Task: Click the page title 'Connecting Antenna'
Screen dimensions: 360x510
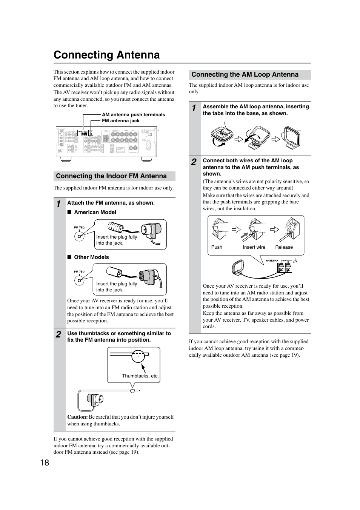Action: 106,55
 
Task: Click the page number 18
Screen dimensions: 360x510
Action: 44,463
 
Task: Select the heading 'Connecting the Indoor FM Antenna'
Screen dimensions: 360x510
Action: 111,176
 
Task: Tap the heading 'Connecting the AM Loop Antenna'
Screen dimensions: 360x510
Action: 245,74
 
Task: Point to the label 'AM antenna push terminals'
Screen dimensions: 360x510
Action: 133,115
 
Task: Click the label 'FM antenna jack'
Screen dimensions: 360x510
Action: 120,121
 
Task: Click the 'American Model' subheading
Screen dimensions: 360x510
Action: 95,212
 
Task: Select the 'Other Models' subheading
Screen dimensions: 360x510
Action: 91,257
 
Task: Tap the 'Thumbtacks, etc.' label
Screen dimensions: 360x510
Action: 140,376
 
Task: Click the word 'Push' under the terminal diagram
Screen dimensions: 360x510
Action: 217,247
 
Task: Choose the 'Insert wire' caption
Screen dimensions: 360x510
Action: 254,247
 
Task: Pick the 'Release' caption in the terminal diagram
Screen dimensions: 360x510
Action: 284,247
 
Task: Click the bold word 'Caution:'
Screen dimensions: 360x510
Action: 77,417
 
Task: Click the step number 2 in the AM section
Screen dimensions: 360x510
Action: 194,162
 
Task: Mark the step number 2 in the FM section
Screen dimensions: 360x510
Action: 58,334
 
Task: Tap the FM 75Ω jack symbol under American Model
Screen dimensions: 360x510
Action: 79,236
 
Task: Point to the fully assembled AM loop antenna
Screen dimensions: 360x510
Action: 292,137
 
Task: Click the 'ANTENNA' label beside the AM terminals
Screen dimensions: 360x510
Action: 272,260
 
